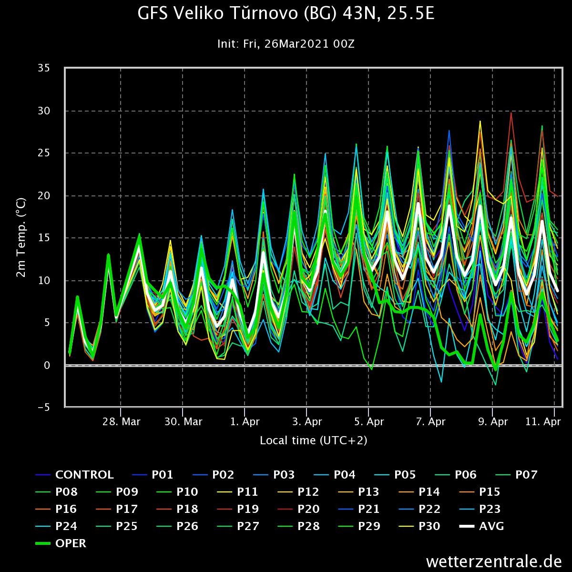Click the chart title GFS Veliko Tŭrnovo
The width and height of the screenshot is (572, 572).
tap(286, 14)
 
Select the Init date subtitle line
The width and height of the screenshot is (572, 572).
tap(286, 44)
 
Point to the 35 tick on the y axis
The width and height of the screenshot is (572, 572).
tap(44, 68)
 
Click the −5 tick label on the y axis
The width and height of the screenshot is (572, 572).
tap(44, 407)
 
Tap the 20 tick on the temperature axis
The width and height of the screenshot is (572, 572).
tap(44, 195)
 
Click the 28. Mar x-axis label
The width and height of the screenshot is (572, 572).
tap(122, 421)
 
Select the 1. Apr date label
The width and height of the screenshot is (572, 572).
tap(245, 421)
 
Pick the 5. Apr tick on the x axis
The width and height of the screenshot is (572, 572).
tap(369, 421)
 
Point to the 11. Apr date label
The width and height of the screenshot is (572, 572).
tap(543, 421)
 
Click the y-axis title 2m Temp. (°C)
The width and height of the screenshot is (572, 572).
tap(21, 238)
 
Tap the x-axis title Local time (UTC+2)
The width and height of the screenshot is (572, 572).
tap(314, 440)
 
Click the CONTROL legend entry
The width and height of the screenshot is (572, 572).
tap(74, 475)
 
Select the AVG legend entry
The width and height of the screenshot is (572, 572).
tap(481, 526)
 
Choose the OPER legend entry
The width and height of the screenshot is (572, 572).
tap(61, 543)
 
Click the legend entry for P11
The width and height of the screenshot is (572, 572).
tap(237, 492)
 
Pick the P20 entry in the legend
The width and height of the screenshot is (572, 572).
tap(298, 509)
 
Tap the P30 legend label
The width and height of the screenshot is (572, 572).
tap(419, 526)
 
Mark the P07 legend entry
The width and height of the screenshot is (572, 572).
tap(517, 475)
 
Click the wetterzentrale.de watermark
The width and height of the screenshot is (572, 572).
tap(494, 561)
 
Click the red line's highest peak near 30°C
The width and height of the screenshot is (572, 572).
tap(511, 113)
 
